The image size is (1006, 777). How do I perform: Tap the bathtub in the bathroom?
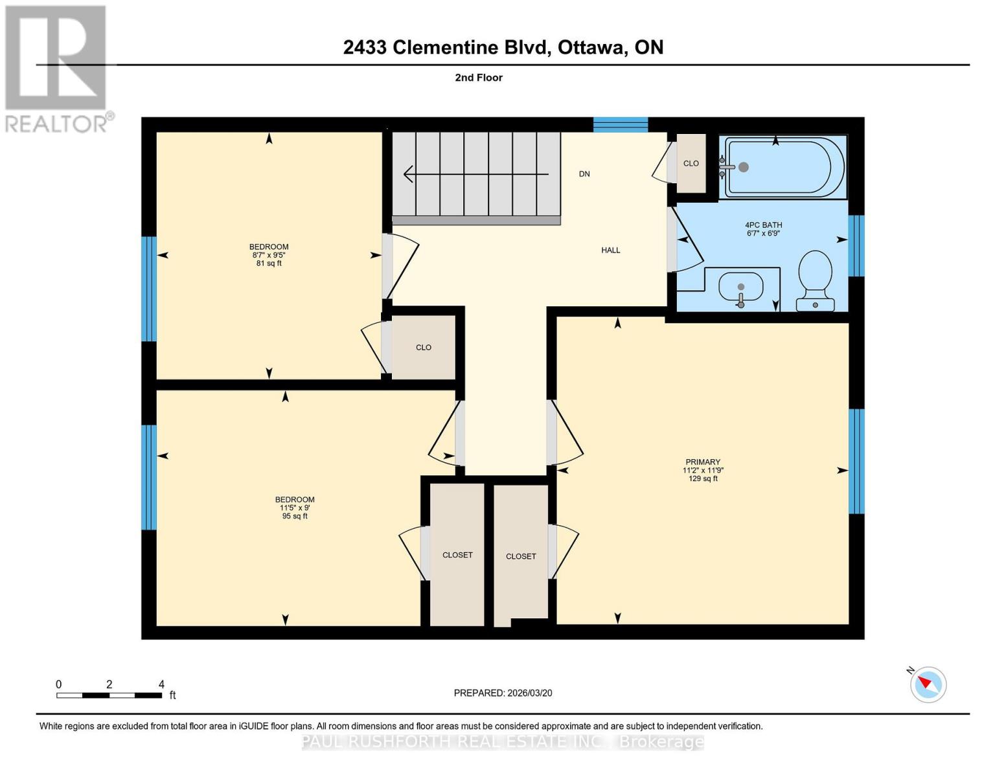click(x=784, y=166)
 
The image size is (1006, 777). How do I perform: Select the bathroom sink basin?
click(x=741, y=290)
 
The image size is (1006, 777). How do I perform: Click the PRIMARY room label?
click(x=703, y=462)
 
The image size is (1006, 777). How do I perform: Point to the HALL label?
click(x=610, y=250)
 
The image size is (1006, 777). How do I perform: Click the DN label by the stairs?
click(x=584, y=174)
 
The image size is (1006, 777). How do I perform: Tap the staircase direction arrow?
click(x=475, y=174)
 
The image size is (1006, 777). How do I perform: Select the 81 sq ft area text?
click(x=269, y=264)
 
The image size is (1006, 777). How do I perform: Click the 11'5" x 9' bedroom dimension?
click(x=295, y=508)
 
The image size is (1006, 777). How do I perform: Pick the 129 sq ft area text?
click(x=703, y=479)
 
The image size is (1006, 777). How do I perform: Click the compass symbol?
click(x=928, y=684)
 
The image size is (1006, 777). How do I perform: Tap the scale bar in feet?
click(x=109, y=695)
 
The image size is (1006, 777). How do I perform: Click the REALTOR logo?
click(x=57, y=68)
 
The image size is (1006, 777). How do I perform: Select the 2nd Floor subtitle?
click(x=479, y=78)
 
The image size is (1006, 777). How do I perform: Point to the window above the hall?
click(x=621, y=124)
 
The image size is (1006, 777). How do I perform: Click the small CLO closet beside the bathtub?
click(x=691, y=163)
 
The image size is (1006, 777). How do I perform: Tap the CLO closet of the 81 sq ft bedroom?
click(x=424, y=348)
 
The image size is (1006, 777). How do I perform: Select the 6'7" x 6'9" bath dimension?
click(x=763, y=233)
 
